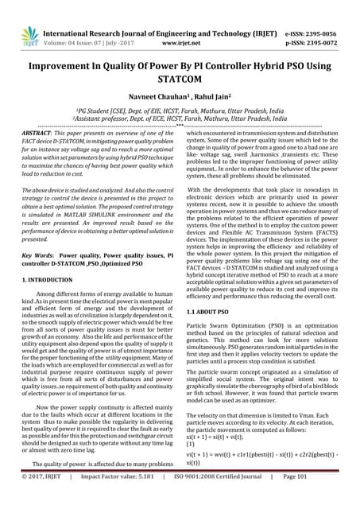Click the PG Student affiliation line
tap(180, 113)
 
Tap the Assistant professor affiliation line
tap(180, 121)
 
